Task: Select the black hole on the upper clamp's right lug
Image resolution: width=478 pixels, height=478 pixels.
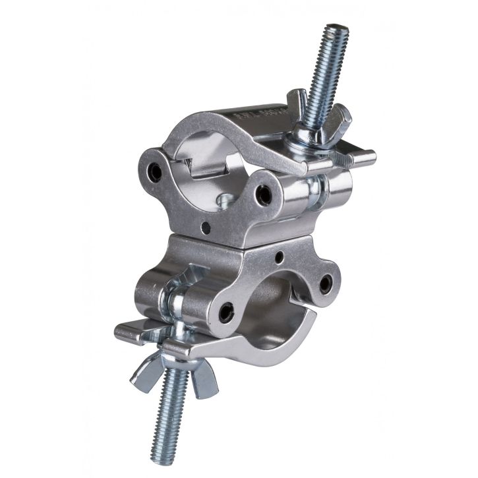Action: point(264,194)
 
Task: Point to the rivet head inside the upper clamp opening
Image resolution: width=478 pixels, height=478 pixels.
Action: point(227,198)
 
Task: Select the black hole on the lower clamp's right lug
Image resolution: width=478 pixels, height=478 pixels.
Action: point(324,284)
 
